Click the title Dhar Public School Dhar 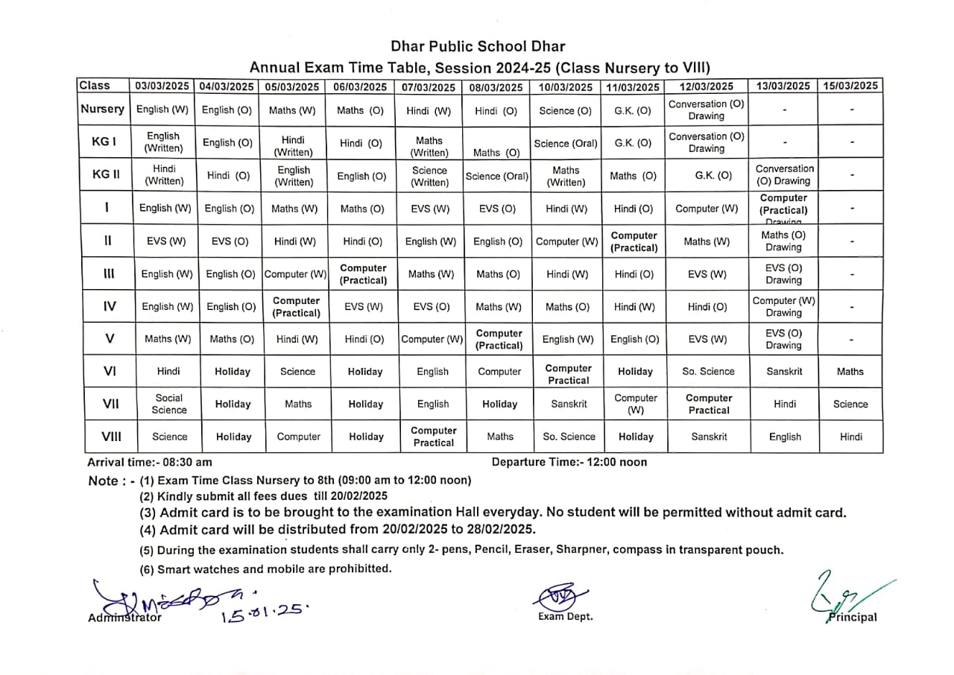point(478,47)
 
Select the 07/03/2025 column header point(428,86)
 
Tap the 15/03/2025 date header point(850,86)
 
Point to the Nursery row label point(102,109)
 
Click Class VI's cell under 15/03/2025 point(850,371)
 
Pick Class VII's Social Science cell point(169,404)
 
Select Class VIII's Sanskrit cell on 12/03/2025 point(709,437)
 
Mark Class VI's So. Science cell point(708,371)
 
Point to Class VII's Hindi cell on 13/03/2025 point(784,404)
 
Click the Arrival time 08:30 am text point(150,462)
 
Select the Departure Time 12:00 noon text point(569,462)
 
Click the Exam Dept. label point(566,617)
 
